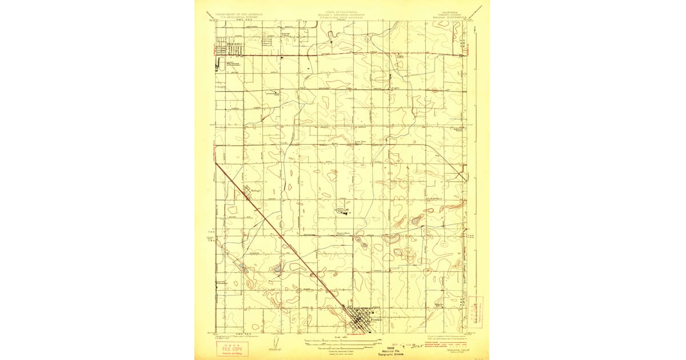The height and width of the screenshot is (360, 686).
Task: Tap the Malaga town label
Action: coord(254,191)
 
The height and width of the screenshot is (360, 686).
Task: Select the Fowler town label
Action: coord(375,320)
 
